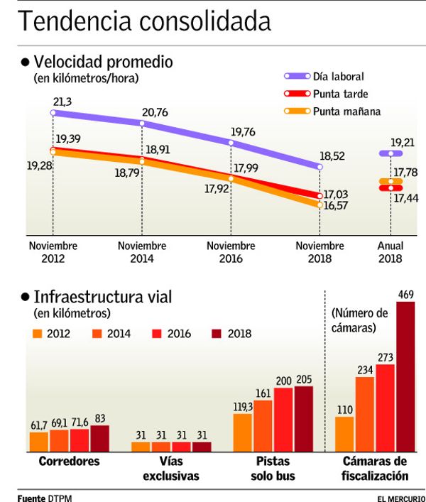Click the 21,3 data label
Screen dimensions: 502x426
click(62, 102)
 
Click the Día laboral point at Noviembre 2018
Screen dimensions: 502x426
click(319, 167)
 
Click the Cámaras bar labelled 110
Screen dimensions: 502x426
click(344, 434)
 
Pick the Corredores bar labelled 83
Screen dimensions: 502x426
click(100, 439)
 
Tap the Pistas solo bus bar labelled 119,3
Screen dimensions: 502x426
click(242, 432)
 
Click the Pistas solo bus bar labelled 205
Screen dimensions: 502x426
click(303, 419)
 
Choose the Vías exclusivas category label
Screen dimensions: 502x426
click(171, 469)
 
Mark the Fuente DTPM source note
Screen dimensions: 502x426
click(44, 498)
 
